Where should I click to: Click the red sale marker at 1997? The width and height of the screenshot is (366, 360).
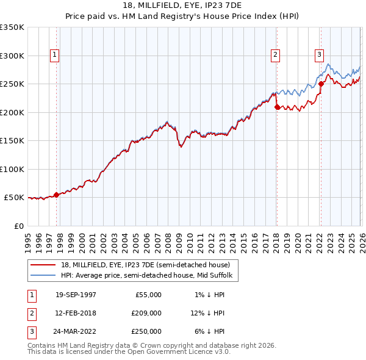(57, 195)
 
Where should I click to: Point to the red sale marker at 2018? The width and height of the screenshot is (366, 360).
(277, 107)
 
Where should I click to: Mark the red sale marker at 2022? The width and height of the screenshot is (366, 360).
(321, 84)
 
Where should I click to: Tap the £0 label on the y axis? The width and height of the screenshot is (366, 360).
(18, 226)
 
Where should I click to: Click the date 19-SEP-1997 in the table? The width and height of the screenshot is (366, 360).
(76, 295)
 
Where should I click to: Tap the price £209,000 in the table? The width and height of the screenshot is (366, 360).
(146, 313)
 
